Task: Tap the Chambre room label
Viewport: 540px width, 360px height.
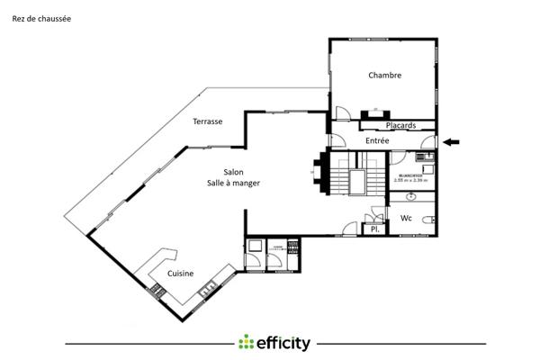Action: [x=384, y=76]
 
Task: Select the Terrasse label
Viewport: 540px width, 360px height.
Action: [x=208, y=121]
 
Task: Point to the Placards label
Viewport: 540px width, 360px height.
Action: [x=400, y=126]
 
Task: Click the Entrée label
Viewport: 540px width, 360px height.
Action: [x=377, y=141]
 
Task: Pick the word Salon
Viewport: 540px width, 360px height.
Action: [x=233, y=172]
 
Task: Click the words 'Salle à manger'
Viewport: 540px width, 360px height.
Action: [x=233, y=184]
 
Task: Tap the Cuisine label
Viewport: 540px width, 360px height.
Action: [x=181, y=273]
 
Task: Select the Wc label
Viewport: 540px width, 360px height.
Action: [x=406, y=219]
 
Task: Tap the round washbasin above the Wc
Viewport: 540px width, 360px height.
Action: [x=411, y=195]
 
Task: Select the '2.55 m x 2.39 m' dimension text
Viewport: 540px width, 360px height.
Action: [x=410, y=180]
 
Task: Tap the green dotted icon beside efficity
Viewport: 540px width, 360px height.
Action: [x=247, y=343]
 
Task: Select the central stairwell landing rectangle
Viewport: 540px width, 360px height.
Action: [x=361, y=180]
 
